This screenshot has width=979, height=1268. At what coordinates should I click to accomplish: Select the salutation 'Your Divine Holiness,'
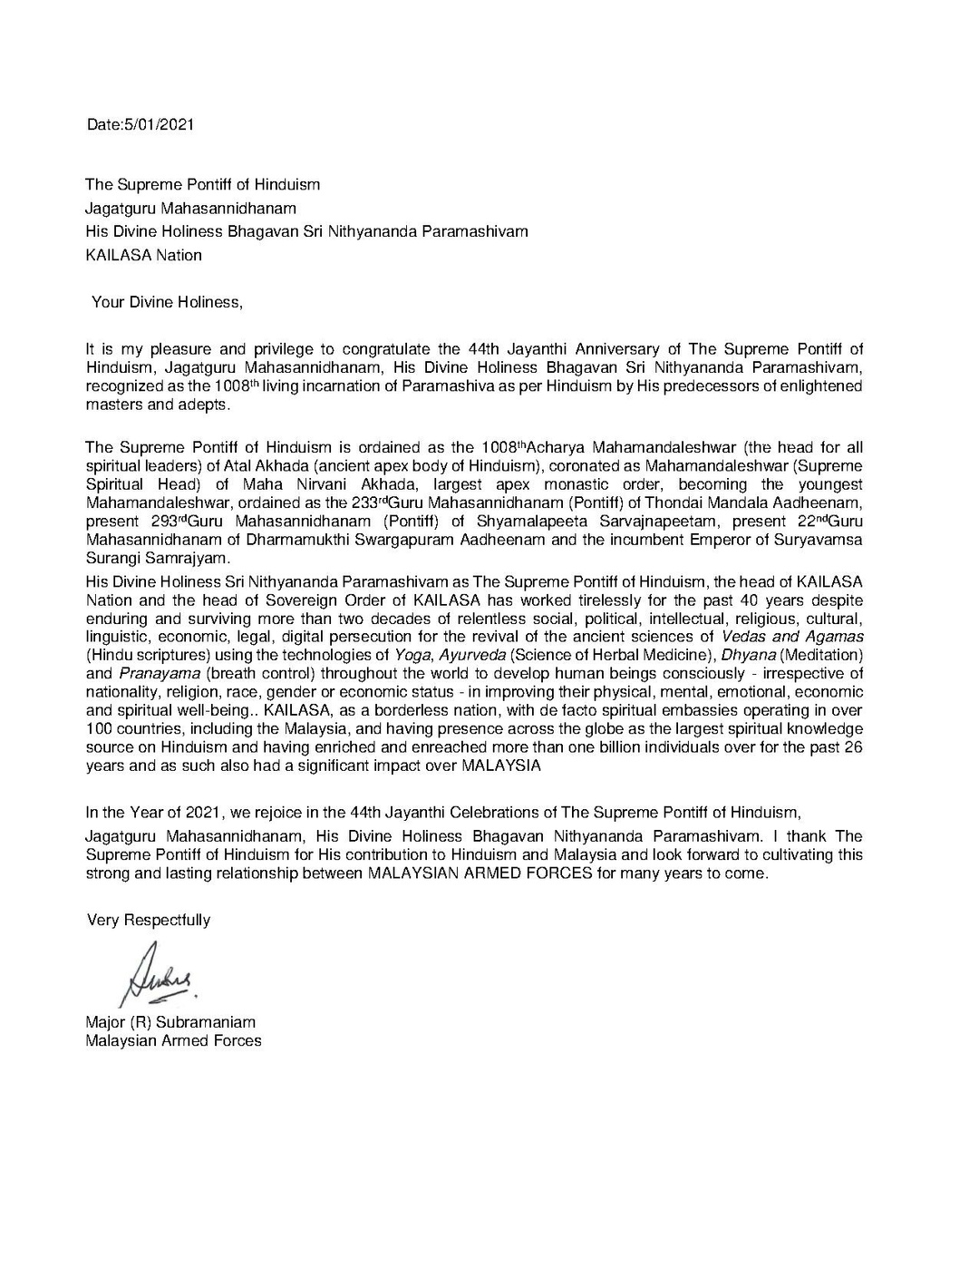pos(168,302)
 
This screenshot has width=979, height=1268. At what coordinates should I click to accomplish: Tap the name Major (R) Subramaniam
pos(170,1022)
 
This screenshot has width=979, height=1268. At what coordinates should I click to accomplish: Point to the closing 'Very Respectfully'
pos(149,920)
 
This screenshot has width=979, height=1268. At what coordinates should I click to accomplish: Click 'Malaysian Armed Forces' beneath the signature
pos(173,1040)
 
